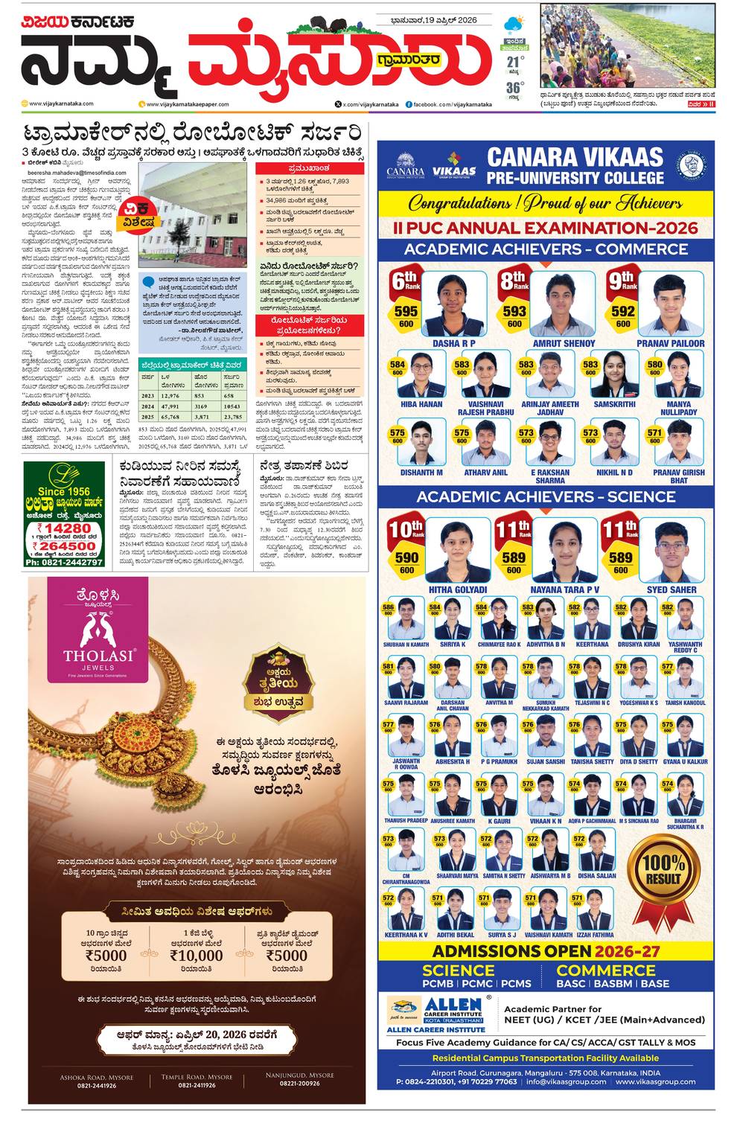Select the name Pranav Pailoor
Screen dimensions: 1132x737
671,344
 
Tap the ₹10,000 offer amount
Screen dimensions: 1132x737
197,956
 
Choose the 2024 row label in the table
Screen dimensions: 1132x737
148,407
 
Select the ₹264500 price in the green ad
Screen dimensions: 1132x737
63,546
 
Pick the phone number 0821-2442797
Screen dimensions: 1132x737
63,562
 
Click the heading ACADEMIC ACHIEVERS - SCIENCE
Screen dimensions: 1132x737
546,496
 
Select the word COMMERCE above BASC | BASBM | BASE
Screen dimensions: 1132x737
605,970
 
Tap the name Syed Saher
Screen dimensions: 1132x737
671,589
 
